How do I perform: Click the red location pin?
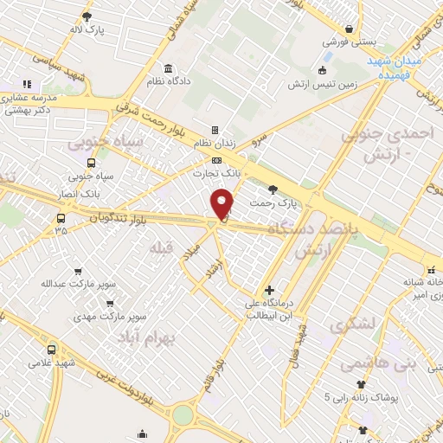[x=224, y=204]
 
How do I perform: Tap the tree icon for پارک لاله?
[x=87, y=16]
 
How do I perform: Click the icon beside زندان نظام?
[x=215, y=129]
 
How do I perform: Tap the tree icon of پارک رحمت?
[x=273, y=189]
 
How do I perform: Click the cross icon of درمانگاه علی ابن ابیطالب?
[x=270, y=291]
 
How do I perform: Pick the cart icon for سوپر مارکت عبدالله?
[x=79, y=270]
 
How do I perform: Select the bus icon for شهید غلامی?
[x=51, y=350]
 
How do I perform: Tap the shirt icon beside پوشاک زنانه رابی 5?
[x=361, y=384]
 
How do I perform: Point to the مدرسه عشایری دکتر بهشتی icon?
[x=26, y=85]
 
